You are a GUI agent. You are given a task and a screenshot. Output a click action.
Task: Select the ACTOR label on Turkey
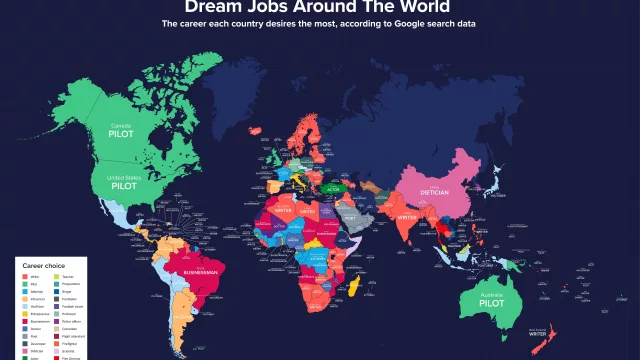pos(331,186)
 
